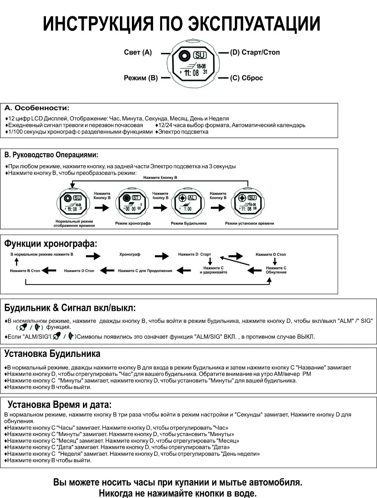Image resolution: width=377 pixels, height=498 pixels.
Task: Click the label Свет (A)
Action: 138,52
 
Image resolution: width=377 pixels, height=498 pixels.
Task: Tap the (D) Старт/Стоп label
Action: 255,52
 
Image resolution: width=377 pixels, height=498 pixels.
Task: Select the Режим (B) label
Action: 141,78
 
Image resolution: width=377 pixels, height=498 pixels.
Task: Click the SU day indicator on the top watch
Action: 200,55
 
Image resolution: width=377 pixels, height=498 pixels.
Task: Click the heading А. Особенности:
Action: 37,108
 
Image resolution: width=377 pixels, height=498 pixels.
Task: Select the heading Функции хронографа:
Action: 51,244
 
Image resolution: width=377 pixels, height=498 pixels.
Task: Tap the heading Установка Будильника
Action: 52,354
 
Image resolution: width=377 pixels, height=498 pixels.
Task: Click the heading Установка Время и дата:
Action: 60,405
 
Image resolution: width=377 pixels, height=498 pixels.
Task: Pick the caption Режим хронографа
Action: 133,223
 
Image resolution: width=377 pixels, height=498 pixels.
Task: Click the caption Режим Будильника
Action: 188,223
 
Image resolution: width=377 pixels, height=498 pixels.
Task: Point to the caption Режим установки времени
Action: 250,223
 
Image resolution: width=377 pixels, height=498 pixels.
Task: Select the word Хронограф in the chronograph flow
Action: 130,255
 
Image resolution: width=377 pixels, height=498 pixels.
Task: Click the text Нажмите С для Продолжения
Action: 145,271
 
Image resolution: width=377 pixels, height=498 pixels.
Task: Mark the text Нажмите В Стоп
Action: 25,271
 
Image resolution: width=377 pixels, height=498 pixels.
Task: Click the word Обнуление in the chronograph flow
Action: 276,272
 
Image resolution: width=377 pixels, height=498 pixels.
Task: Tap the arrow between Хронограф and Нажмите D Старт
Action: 162,256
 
